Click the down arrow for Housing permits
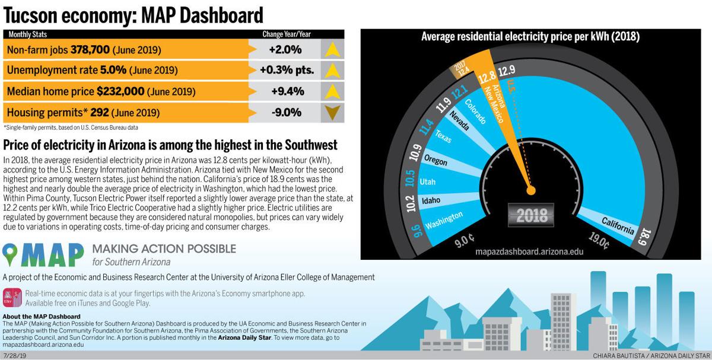pos(332,112)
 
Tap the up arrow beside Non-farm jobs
pos(332,49)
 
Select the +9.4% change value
pos(287,91)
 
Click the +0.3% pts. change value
pos(287,70)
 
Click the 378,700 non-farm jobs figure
pos(90,50)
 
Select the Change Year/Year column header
pos(287,34)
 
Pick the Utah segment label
pos(427,181)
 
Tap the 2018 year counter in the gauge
pos(532,215)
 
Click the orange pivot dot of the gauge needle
pos(531,190)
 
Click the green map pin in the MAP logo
pos(12,254)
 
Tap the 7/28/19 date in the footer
pos(14,355)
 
